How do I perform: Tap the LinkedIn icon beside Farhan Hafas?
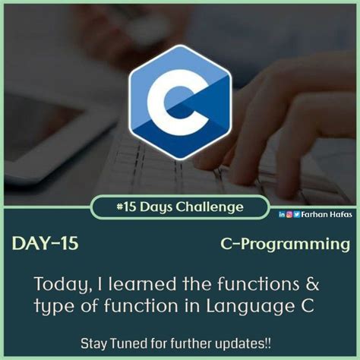282,214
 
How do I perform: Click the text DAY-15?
45,244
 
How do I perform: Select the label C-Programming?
286,245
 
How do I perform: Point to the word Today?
60,285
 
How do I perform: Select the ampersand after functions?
312,285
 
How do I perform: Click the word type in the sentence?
51,306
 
